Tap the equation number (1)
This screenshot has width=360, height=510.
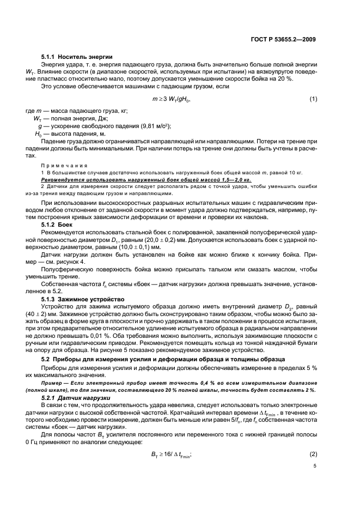click(x=313, y=99)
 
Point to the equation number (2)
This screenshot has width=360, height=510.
click(x=313, y=454)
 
